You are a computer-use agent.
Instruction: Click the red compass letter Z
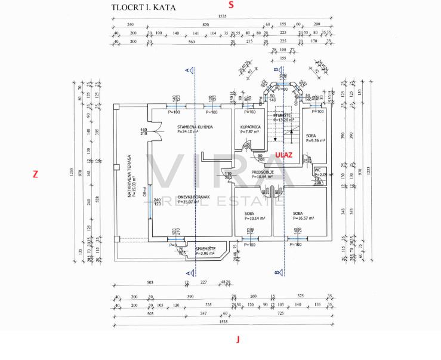(35, 174)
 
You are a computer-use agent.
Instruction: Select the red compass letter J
(238, 340)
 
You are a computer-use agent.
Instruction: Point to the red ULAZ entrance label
(285, 154)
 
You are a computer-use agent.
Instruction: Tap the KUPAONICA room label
(250, 127)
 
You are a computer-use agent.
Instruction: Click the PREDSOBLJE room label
(262, 171)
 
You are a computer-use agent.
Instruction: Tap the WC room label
(317, 170)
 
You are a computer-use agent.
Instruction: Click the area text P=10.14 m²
(254, 219)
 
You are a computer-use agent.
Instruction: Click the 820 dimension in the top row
(205, 24)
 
